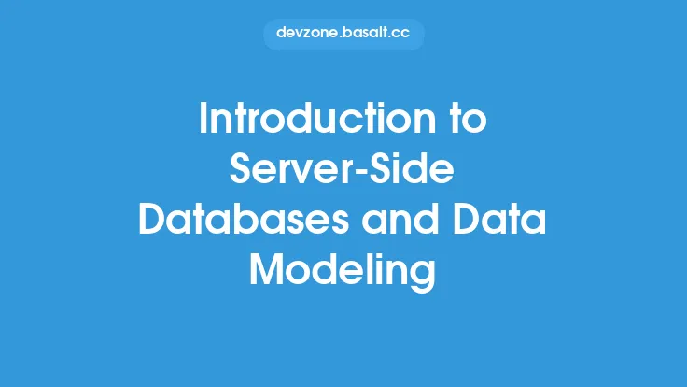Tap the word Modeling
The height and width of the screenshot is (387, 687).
[x=343, y=271]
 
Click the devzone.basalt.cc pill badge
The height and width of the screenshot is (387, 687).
[x=343, y=33]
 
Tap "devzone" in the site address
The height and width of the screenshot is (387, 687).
[x=305, y=33]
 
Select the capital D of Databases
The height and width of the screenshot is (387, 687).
[x=152, y=222]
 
